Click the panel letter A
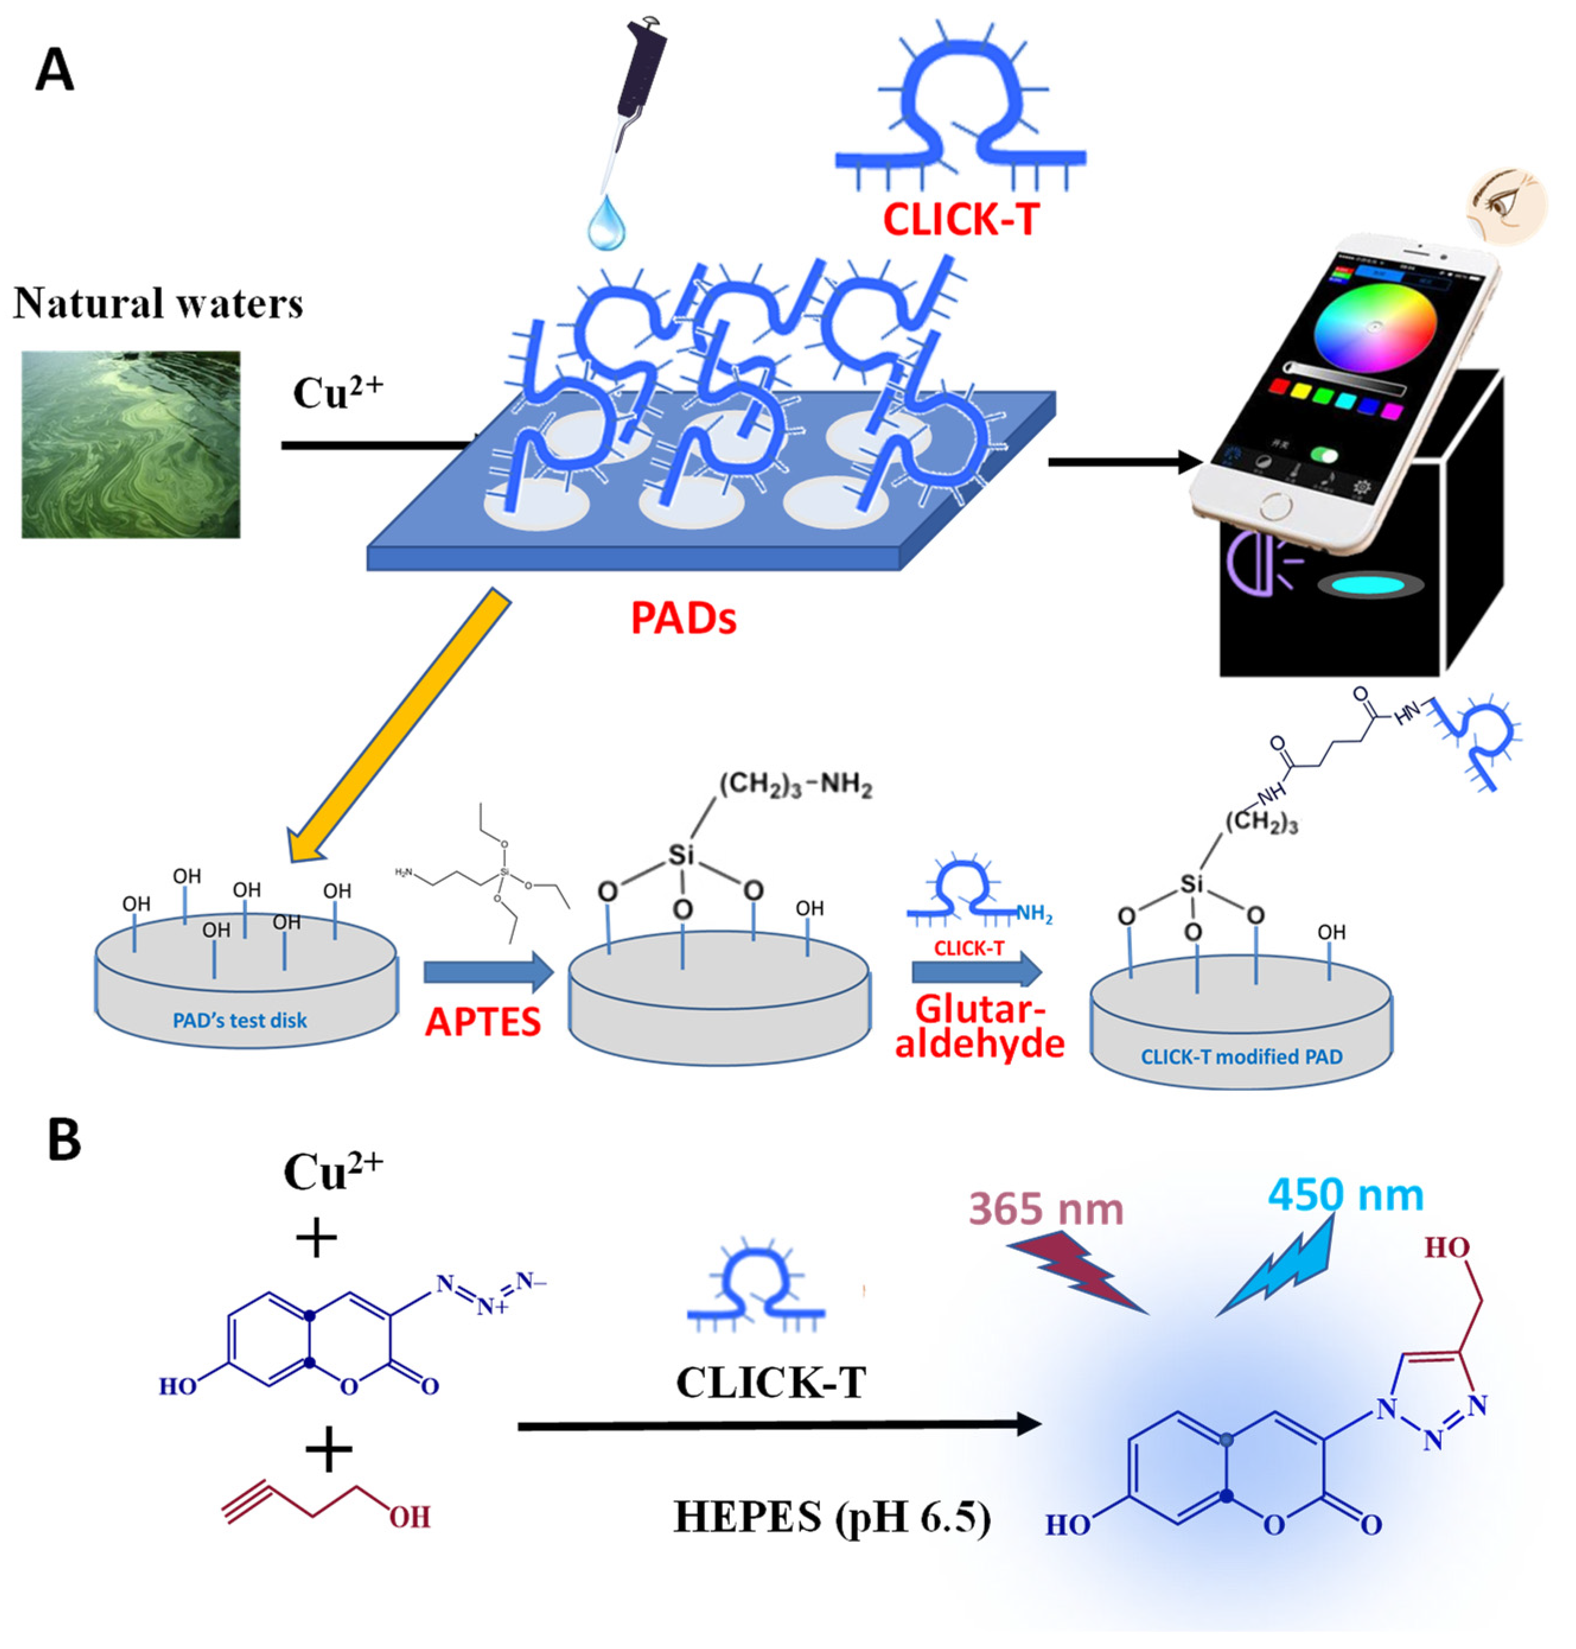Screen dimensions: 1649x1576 pyautogui.click(x=54, y=71)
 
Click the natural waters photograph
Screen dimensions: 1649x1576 pyautogui.click(x=131, y=445)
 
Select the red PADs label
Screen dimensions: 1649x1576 pyautogui.click(x=683, y=619)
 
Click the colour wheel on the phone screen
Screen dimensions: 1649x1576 pyautogui.click(x=1374, y=329)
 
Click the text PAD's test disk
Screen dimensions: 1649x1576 pyautogui.click(x=240, y=1020)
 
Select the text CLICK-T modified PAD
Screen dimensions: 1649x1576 pyautogui.click(x=1241, y=1056)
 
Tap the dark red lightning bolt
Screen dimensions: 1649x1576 pyautogui.click(x=1077, y=1275)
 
